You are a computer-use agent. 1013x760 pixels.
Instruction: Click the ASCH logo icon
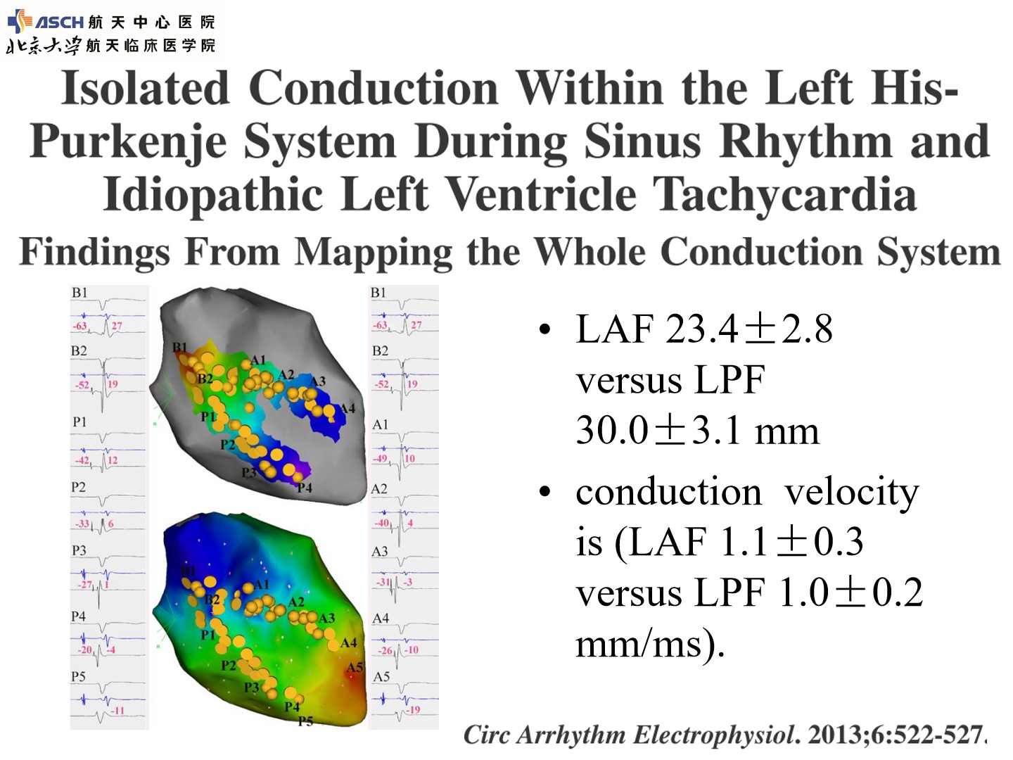pos(20,21)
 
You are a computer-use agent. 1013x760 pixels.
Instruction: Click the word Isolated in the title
pos(145,88)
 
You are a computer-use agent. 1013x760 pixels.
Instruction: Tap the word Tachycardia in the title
pos(784,195)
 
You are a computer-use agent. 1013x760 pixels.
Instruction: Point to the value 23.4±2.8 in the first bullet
pos(749,329)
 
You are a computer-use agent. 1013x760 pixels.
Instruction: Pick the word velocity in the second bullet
pos(852,493)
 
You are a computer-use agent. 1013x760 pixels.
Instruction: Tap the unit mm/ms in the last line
pos(639,645)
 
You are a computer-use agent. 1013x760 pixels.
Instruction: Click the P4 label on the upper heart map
pos(305,488)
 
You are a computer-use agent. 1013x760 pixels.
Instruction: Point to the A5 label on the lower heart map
pos(355,667)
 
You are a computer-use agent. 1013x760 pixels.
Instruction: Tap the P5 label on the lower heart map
pos(305,721)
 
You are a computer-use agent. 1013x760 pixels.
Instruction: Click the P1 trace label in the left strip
pos(79,422)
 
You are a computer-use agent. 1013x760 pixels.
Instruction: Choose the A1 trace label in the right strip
pos(381,424)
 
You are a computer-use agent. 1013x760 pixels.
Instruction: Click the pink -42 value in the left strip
pos(82,460)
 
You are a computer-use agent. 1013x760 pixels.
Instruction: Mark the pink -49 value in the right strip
pos(381,459)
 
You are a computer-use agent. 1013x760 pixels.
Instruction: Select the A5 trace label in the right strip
pos(381,677)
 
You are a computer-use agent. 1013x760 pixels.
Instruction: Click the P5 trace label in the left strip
pos(79,676)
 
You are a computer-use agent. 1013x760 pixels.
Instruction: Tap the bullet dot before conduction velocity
pos(545,492)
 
